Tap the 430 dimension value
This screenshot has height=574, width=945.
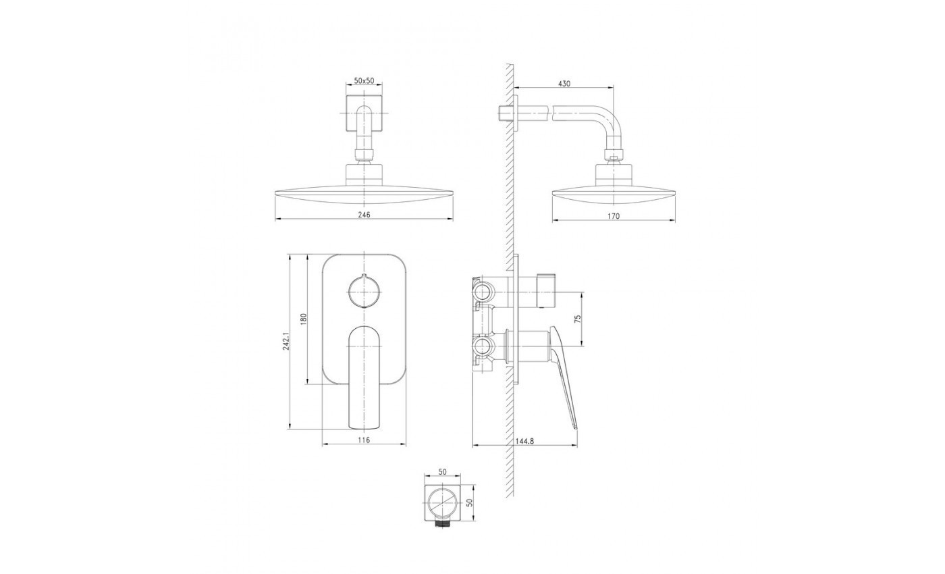[564, 84]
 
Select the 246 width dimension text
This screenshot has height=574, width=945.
[364, 215]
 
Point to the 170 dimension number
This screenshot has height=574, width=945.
[614, 216]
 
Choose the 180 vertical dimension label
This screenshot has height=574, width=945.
[304, 319]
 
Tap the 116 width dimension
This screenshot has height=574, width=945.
[364, 440]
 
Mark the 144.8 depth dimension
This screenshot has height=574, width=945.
[524, 441]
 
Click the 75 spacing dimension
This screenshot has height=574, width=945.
[578, 319]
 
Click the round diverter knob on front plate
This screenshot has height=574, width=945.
[364, 291]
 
